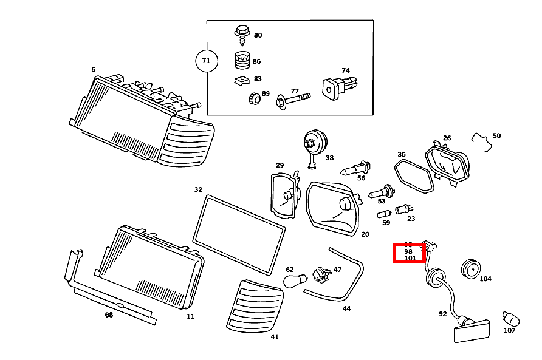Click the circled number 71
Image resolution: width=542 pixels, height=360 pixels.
point(206,61)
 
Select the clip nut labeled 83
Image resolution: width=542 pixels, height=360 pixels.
point(241,80)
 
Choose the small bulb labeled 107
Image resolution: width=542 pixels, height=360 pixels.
point(508,318)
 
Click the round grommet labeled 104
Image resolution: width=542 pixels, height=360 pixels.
point(470,268)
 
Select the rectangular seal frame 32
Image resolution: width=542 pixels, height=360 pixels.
point(238,234)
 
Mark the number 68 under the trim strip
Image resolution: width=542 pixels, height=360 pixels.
point(109,314)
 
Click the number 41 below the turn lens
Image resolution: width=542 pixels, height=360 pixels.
point(275,336)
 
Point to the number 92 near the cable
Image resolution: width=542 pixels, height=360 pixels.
point(442,314)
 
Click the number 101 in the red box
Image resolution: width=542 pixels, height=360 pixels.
point(410,258)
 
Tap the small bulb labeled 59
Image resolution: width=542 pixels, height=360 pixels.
point(384,214)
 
